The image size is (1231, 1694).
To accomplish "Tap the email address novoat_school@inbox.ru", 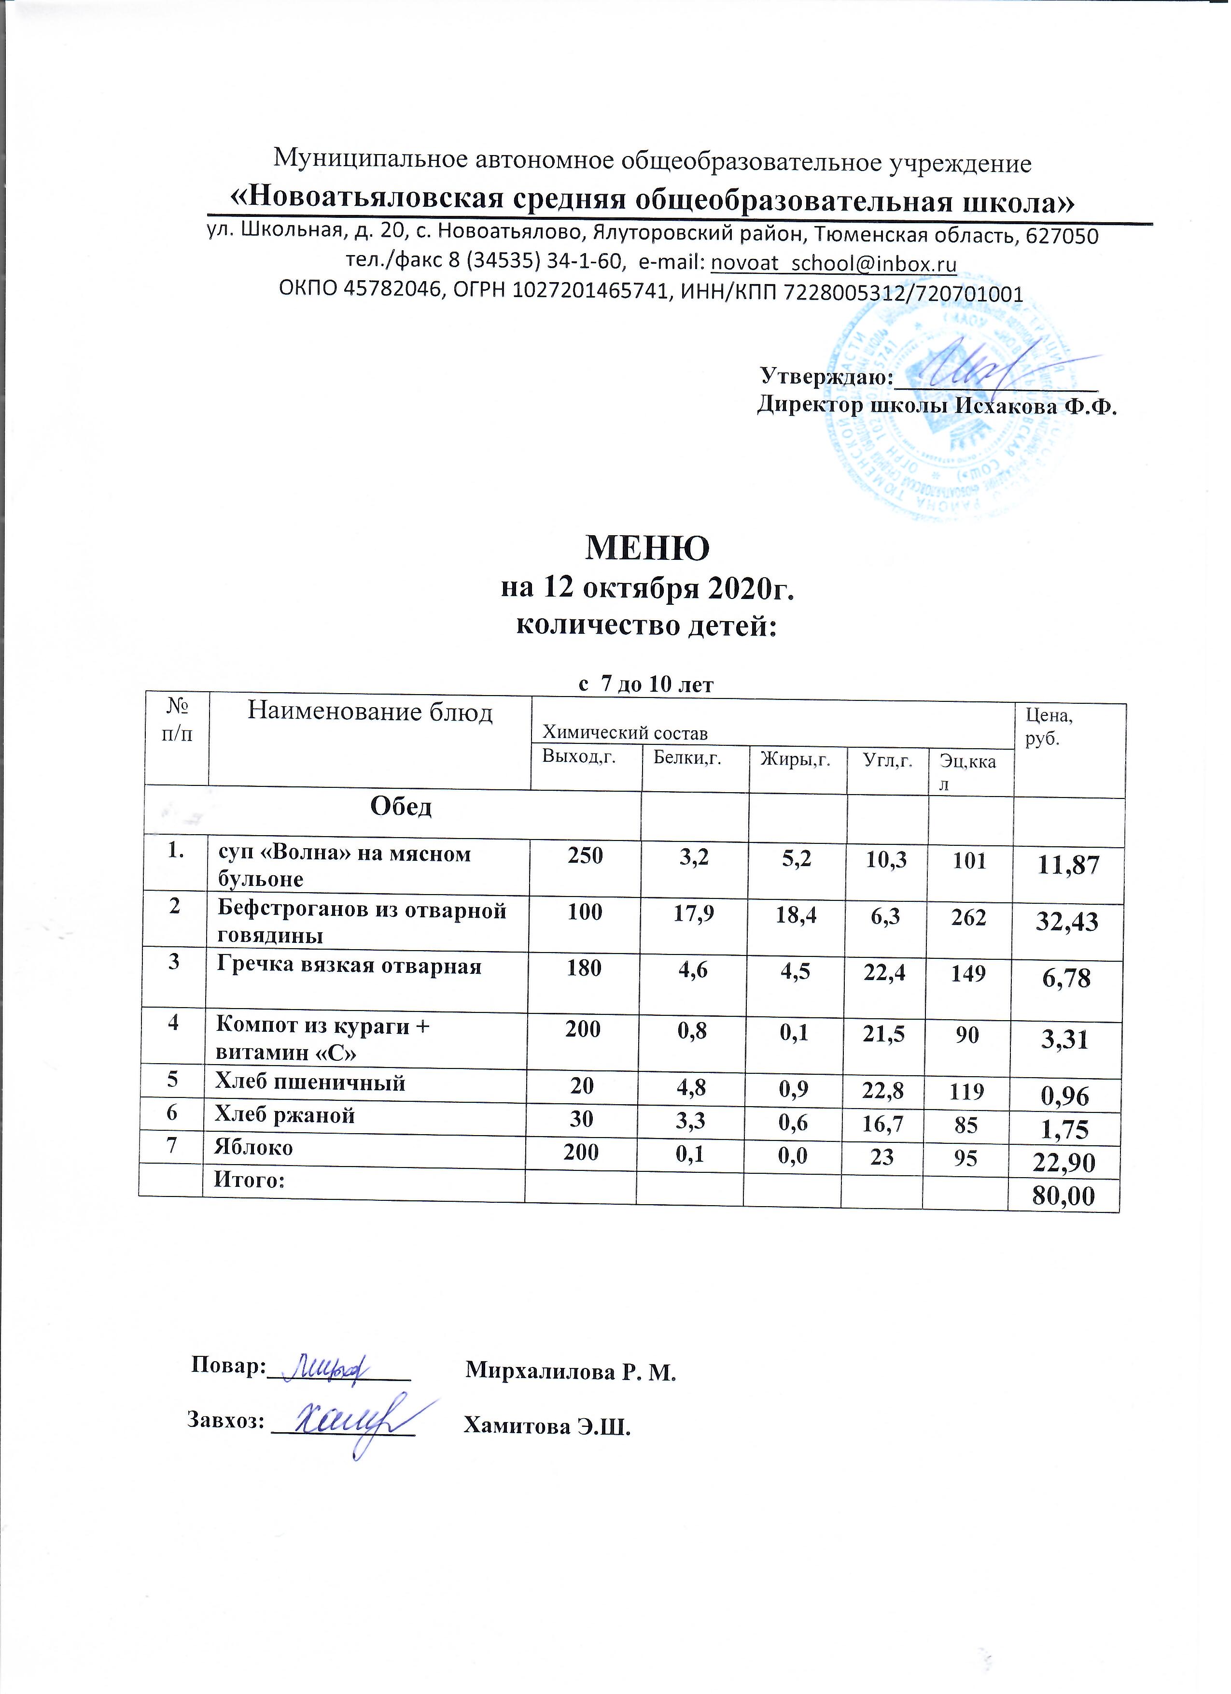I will (834, 263).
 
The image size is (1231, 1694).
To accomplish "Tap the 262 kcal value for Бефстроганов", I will (969, 916).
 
